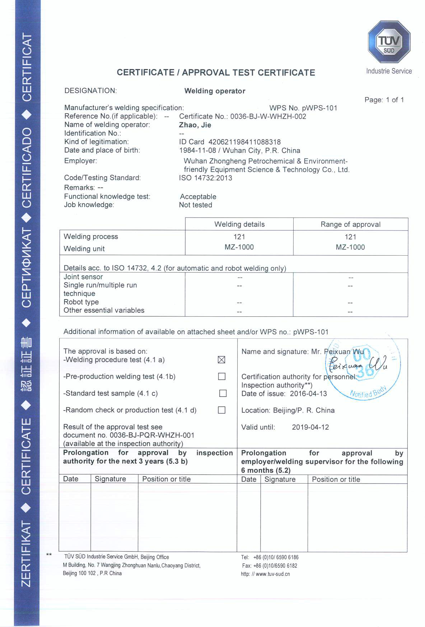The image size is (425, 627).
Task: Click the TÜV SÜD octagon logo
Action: pyautogui.click(x=389, y=42)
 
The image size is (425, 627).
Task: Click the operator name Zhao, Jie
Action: pyautogui.click(x=195, y=125)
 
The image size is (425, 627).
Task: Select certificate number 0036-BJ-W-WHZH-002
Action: pyautogui.click(x=268, y=116)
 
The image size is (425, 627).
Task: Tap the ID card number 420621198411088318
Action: pyautogui.click(x=244, y=142)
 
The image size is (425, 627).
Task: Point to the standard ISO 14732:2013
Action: pyautogui.click(x=206, y=178)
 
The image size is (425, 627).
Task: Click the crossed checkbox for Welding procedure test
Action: pyautogui.click(x=221, y=360)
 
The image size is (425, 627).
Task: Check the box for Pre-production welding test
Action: pyautogui.click(x=222, y=376)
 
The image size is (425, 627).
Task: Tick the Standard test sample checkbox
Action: pyautogui.click(x=223, y=393)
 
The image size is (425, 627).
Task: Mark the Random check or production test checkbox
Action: pyautogui.click(x=222, y=410)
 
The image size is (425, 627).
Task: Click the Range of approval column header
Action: pyautogui.click(x=350, y=224)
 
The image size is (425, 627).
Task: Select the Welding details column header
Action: pyautogui.click(x=239, y=224)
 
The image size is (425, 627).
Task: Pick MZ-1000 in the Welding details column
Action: pyautogui.click(x=239, y=247)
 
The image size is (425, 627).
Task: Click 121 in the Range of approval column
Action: pyautogui.click(x=350, y=237)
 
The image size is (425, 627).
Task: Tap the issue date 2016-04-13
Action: pyautogui.click(x=308, y=394)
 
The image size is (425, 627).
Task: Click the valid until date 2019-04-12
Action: pyautogui.click(x=310, y=427)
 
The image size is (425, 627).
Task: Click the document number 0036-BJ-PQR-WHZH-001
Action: pyautogui.click(x=152, y=435)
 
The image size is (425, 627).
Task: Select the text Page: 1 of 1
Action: pyautogui.click(x=384, y=100)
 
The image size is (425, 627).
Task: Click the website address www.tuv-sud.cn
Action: pyautogui.click(x=272, y=574)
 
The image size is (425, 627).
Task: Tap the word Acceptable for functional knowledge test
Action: pyautogui.click(x=198, y=197)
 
